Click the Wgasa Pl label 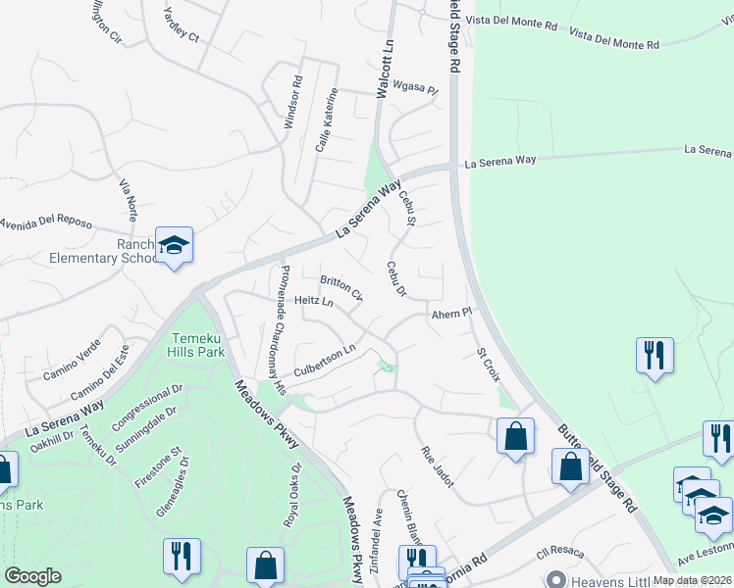coord(413,87)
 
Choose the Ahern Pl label coord(451,314)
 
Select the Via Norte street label coord(129,199)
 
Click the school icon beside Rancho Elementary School coord(174,245)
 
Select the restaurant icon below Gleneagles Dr coord(182,556)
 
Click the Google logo coord(32,576)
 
